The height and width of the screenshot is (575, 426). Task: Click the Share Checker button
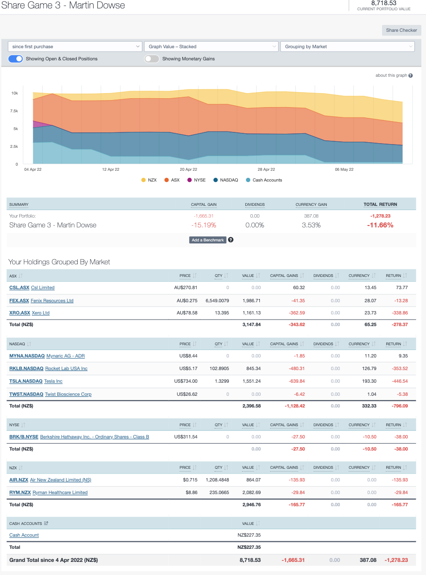point(401,30)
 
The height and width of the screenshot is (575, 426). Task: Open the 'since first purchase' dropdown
point(75,47)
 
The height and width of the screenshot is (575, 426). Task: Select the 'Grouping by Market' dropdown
point(347,47)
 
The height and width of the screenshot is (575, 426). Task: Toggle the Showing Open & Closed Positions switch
point(15,59)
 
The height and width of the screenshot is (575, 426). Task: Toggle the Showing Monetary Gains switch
point(152,59)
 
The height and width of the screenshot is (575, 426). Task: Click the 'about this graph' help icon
point(410,75)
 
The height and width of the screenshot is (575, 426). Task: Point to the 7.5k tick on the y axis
point(15,111)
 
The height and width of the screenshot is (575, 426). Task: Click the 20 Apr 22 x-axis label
point(188,169)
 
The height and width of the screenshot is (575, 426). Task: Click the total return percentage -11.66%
point(380,225)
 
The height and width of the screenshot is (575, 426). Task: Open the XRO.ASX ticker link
point(20,313)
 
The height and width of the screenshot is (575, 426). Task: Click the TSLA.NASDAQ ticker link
point(26,381)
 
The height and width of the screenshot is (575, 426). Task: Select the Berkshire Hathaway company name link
point(95,437)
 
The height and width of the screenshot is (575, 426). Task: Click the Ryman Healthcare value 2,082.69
point(251,493)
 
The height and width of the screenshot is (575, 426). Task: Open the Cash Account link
point(24,535)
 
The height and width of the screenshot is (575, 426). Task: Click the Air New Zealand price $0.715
point(191,480)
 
